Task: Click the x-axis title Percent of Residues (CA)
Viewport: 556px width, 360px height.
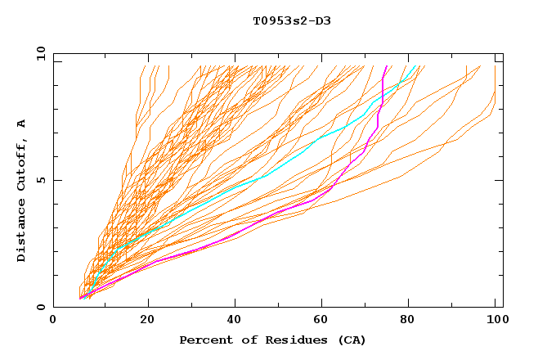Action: click(272, 340)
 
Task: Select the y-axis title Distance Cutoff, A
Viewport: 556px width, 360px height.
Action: click(21, 191)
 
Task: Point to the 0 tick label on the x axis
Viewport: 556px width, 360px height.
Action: click(54, 322)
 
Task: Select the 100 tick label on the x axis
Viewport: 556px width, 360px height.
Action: click(495, 322)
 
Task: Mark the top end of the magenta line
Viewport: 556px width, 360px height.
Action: click(387, 66)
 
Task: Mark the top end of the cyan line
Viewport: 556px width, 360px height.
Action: click(416, 66)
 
